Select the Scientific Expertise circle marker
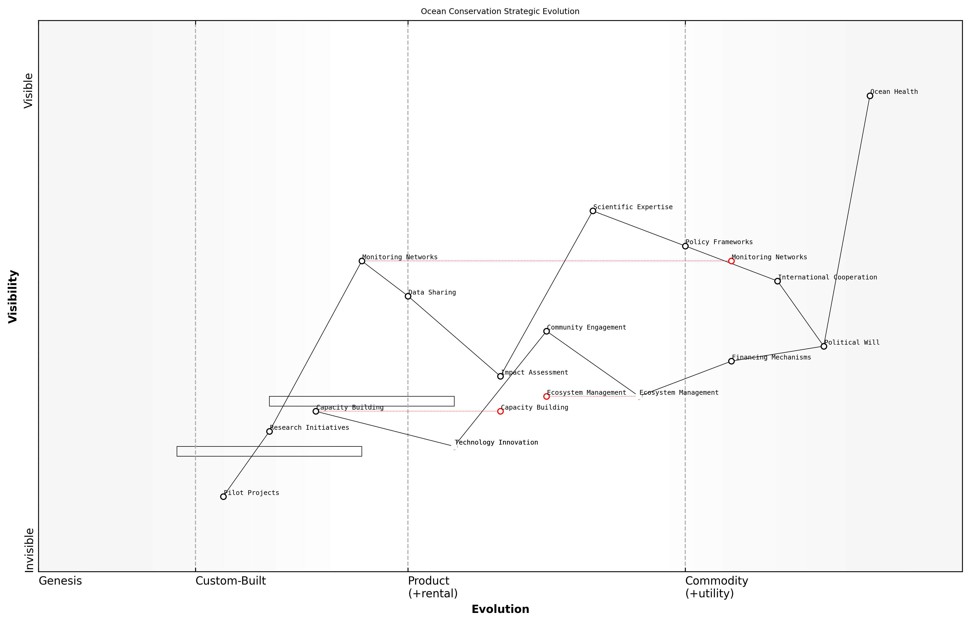click(593, 211)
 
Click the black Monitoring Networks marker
click(362, 261)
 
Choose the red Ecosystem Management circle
click(546, 396)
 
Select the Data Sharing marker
click(408, 296)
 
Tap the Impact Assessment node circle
click(500, 376)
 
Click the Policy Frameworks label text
click(719, 242)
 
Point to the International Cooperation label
click(827, 277)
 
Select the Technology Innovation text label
click(496, 442)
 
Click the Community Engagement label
click(586, 327)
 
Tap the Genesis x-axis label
click(60, 581)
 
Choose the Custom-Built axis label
click(231, 581)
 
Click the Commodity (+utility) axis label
click(717, 587)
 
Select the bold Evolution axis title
click(500, 609)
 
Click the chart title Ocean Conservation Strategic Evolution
click(500, 11)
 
